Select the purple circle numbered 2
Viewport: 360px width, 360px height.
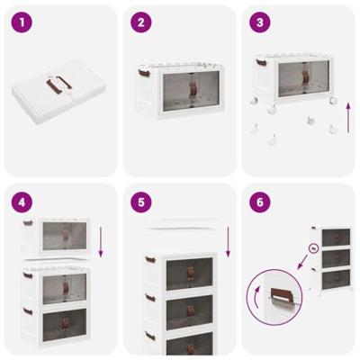click(140, 22)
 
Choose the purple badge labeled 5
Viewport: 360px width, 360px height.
click(140, 202)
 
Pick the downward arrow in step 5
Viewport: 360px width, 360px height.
click(229, 240)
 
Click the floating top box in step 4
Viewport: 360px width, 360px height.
click(55, 235)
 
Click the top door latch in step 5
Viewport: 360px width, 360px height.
click(188, 271)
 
